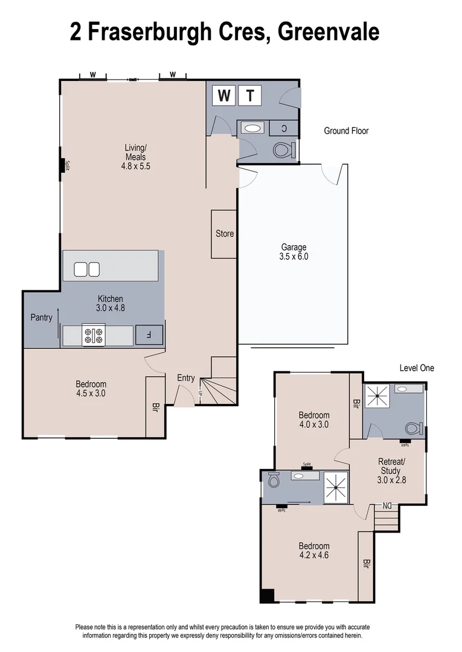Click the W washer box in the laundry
(x=224, y=95)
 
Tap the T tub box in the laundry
(x=249, y=95)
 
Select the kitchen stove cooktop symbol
(x=94, y=335)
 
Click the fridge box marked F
(x=149, y=334)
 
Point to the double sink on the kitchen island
(x=86, y=269)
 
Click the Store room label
(x=225, y=234)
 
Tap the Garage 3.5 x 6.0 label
(x=294, y=252)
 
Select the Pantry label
(x=41, y=318)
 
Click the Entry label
(x=185, y=378)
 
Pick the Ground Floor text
(x=346, y=130)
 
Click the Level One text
(x=417, y=368)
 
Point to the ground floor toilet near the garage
(x=283, y=149)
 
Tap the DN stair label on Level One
(x=387, y=505)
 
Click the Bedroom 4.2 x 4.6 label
(x=314, y=550)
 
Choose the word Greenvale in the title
(x=328, y=31)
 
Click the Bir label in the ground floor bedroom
(x=155, y=407)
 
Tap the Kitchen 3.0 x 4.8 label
(x=111, y=303)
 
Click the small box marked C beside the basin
(x=284, y=128)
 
